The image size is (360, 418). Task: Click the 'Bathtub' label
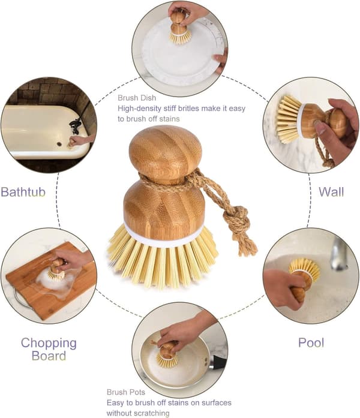[x=23, y=192]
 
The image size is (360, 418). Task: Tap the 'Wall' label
[x=331, y=192]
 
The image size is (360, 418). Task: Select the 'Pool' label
[x=311, y=342]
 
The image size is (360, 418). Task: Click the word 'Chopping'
[x=49, y=344]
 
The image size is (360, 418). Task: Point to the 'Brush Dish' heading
[x=137, y=98]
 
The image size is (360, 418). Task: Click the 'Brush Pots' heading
[x=126, y=392]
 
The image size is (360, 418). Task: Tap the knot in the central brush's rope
[x=237, y=217]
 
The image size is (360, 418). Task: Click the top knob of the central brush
[x=166, y=154]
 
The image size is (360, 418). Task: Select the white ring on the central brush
[x=163, y=236]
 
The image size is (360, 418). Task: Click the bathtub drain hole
[x=59, y=144]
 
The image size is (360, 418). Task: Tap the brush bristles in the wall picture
[x=289, y=119]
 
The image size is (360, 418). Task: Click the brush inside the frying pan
[x=167, y=354]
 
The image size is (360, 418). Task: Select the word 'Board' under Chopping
[x=49, y=356]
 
